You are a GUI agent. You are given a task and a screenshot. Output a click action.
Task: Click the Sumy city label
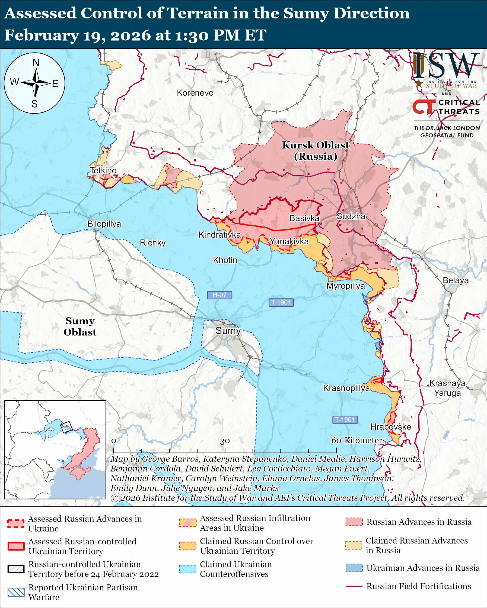pyautogui.click(x=228, y=331)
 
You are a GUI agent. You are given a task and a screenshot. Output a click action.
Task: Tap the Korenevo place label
pyautogui.click(x=195, y=93)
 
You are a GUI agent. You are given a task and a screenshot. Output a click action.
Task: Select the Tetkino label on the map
pyautogui.click(x=103, y=170)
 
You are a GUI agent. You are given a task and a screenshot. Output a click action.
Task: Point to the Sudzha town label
pyautogui.click(x=351, y=216)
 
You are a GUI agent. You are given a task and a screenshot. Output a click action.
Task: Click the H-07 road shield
pyautogui.click(x=219, y=295)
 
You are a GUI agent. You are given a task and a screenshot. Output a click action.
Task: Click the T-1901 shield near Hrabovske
pyautogui.click(x=345, y=420)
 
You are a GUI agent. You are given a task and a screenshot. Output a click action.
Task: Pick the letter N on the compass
pyautogui.click(x=36, y=63)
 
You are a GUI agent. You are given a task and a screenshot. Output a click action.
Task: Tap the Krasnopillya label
pyautogui.click(x=346, y=388)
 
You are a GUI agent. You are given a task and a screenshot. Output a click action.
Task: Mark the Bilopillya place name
pyautogui.click(x=104, y=224)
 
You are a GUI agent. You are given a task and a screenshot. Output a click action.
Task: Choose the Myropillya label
pyautogui.click(x=346, y=286)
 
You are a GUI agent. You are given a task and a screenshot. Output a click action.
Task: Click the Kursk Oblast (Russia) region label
pyautogui.click(x=316, y=151)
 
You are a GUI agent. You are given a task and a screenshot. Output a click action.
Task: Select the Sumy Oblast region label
pyautogui.click(x=80, y=326)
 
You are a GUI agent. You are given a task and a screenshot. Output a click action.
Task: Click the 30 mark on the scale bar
pyautogui.click(x=225, y=441)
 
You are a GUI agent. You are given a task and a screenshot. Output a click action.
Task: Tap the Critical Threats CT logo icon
pyautogui.click(x=424, y=107)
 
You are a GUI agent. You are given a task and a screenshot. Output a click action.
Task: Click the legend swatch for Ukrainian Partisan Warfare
pyautogui.click(x=16, y=593)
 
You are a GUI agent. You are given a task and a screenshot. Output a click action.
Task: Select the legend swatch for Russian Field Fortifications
pyautogui.click(x=354, y=586)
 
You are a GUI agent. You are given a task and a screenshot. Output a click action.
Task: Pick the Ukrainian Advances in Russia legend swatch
pyautogui.click(x=354, y=568)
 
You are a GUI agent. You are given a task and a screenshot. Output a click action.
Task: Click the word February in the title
pyautogui.click(x=42, y=35)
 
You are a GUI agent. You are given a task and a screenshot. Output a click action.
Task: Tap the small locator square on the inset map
pyautogui.click(x=66, y=427)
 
